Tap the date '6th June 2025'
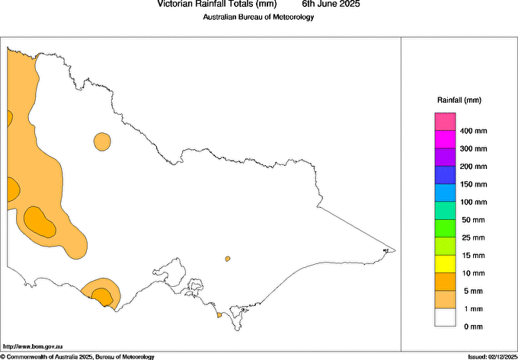point(331,5)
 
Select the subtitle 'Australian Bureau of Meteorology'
point(258,18)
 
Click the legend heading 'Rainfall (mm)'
point(459,100)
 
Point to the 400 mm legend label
point(474,131)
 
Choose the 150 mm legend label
point(474,184)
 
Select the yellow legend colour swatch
point(445,264)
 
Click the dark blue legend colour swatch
point(445,175)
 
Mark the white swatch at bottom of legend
point(445,317)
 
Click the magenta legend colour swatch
point(445,139)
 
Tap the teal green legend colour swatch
point(445,211)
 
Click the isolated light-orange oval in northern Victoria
point(102,141)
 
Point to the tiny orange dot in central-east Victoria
point(228,260)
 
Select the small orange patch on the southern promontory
point(219,314)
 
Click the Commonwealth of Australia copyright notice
point(78,356)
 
